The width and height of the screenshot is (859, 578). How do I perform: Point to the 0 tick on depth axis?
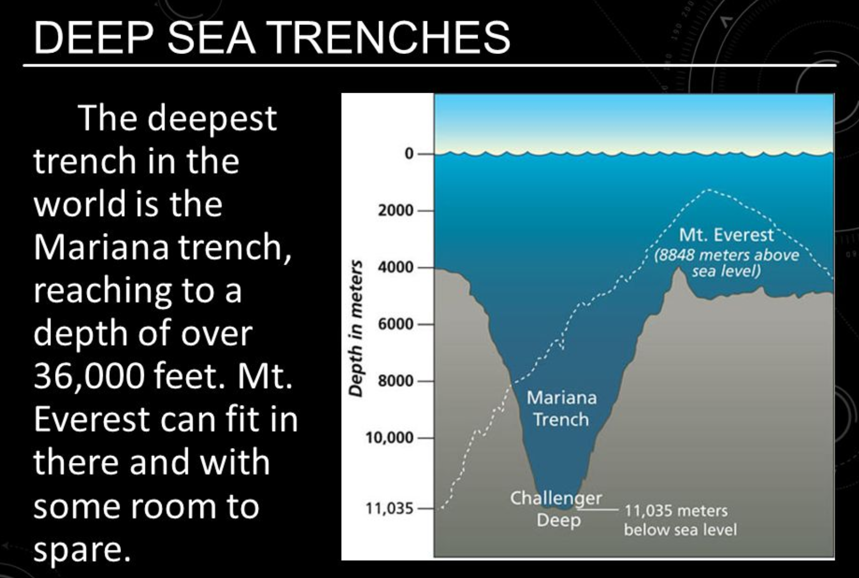(x=409, y=154)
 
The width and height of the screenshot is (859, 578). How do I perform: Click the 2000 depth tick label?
(x=395, y=211)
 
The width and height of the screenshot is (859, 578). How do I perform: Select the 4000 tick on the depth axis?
(x=395, y=267)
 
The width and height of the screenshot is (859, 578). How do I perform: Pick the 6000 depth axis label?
(x=395, y=324)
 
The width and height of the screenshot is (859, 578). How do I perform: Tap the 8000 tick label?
(x=395, y=381)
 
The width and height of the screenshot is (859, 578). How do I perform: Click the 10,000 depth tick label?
(x=389, y=438)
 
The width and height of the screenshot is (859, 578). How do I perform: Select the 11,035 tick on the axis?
(x=389, y=509)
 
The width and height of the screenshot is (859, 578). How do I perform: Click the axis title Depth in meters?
(x=355, y=328)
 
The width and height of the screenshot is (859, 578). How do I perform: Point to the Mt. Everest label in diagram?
(x=726, y=234)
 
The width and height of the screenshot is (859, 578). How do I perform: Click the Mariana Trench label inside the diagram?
(x=561, y=408)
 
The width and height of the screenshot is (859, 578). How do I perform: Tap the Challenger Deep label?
(x=556, y=509)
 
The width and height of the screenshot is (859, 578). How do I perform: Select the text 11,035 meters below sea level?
(x=680, y=520)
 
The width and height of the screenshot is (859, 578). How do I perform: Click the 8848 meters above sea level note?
(x=726, y=263)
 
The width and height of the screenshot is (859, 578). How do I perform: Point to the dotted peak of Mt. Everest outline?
(x=709, y=190)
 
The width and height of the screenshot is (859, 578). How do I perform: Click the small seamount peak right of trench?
(x=678, y=270)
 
